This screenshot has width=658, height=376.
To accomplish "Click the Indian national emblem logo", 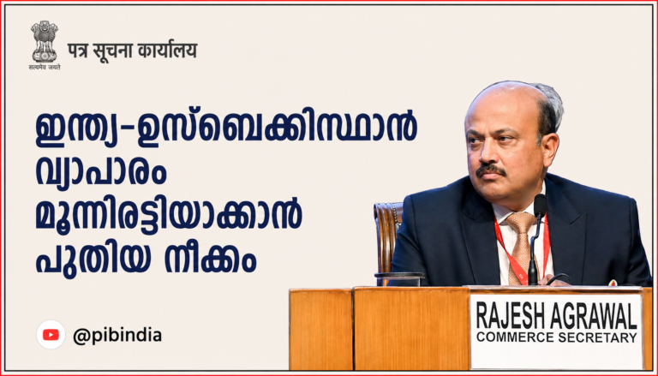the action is pyautogui.click(x=44, y=45).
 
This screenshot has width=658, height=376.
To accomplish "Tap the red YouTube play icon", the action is pyautogui.click(x=51, y=334).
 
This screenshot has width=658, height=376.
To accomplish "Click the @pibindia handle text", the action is pyautogui.click(x=117, y=336).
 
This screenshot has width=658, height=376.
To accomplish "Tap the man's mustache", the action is pyautogui.click(x=490, y=170).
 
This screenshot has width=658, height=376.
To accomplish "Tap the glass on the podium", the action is pyautogui.click(x=398, y=279).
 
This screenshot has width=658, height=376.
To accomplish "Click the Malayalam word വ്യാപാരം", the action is pyautogui.click(x=101, y=174).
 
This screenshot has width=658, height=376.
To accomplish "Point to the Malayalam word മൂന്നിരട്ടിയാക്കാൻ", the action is pyautogui.click(x=169, y=214).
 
